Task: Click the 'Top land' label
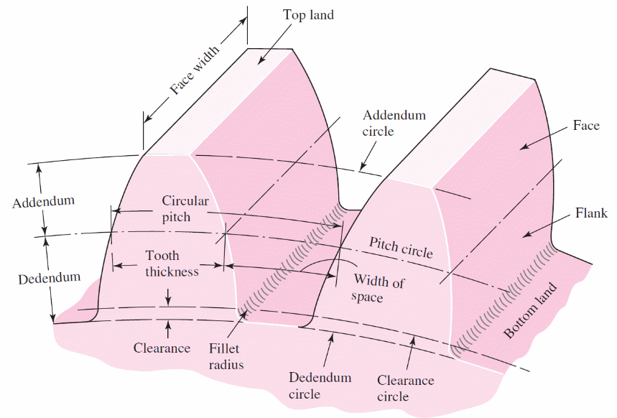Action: tap(308, 14)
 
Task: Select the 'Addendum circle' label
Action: tap(394, 123)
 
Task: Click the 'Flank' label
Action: tap(591, 213)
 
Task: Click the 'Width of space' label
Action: tap(379, 289)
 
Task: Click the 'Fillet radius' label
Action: tap(227, 356)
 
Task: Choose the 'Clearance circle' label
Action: tap(406, 389)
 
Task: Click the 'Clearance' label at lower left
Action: tap(162, 348)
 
